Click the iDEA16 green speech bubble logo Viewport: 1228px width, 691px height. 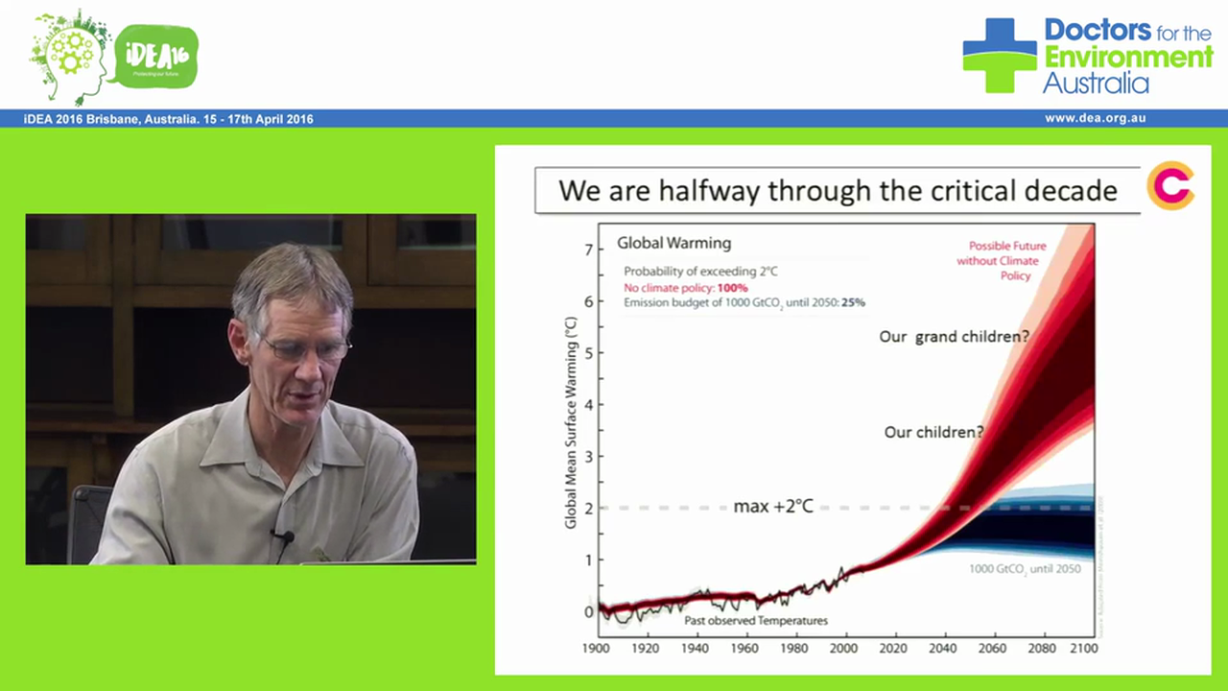tap(155, 56)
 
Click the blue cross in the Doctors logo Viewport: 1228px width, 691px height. tap(999, 55)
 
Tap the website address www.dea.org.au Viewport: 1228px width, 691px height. tap(1095, 119)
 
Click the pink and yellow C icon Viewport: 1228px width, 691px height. tap(1170, 186)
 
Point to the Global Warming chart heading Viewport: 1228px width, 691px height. tap(673, 243)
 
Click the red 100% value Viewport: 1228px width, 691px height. tap(732, 288)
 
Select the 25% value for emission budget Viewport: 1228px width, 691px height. tap(852, 302)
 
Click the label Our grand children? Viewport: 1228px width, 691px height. tap(954, 337)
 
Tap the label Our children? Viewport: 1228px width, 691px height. tap(933, 432)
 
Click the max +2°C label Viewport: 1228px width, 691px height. tap(772, 506)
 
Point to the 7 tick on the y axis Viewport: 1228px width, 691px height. tap(589, 250)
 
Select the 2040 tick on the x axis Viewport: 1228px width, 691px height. tap(943, 648)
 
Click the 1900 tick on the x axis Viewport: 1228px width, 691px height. tap(597, 648)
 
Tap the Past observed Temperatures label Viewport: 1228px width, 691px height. tap(756, 621)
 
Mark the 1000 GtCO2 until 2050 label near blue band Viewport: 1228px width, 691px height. tap(1024, 569)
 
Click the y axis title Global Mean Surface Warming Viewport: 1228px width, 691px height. tap(571, 422)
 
